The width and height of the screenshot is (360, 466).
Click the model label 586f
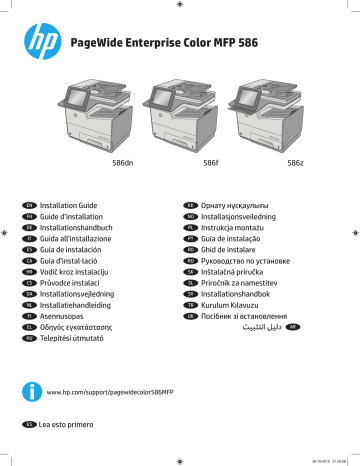coord(211,162)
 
